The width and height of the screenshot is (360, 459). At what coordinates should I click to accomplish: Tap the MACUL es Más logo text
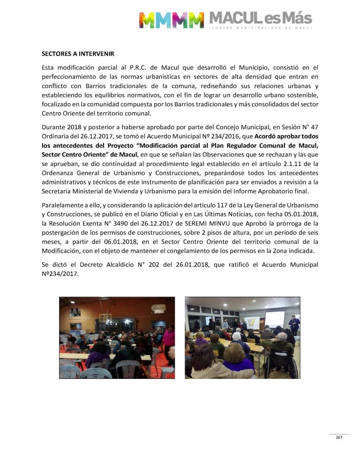260,19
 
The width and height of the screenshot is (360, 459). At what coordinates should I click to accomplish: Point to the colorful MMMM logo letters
172,20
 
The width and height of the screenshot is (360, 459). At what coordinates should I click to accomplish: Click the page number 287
338,437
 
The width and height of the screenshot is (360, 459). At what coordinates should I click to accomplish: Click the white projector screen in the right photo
275,318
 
